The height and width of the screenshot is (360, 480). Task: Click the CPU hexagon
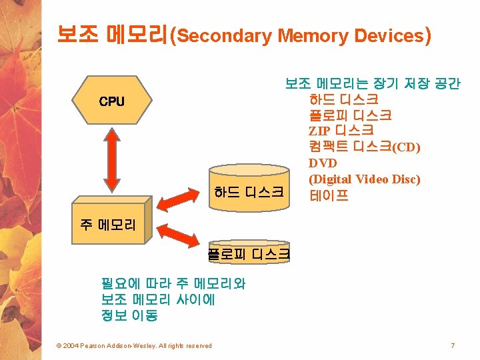[x=111, y=102]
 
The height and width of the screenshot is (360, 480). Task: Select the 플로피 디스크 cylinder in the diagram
[x=249, y=253]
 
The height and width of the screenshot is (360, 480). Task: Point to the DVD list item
[x=323, y=163]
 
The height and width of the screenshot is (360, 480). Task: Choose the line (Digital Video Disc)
[x=365, y=179]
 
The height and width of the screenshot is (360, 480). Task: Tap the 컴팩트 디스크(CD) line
[x=365, y=147]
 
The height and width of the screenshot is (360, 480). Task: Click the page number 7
[x=453, y=345]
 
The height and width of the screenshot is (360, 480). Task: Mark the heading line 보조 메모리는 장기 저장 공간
[x=373, y=84]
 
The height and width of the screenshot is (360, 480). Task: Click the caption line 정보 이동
[x=129, y=315]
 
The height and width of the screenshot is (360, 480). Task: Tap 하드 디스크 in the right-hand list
[x=344, y=100]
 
